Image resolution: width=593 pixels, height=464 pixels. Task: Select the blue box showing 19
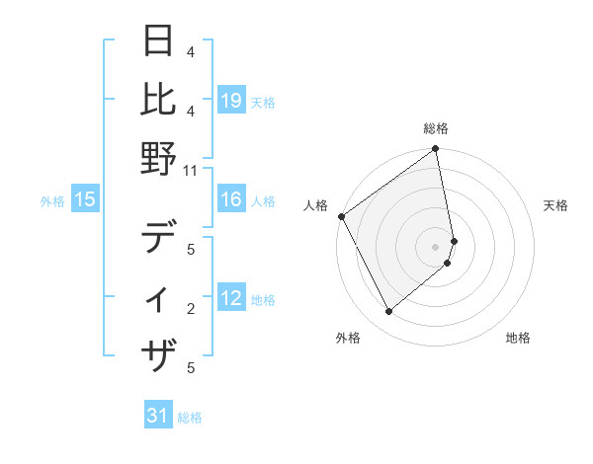(x=231, y=100)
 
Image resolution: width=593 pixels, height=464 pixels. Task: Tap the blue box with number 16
(x=231, y=200)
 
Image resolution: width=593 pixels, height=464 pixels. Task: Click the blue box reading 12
(x=231, y=299)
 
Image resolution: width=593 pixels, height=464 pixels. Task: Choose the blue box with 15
(x=85, y=200)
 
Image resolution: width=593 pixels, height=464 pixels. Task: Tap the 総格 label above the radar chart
(x=436, y=128)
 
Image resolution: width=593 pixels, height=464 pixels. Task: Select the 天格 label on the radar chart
(x=555, y=205)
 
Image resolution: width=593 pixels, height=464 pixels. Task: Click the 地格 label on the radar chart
(x=518, y=338)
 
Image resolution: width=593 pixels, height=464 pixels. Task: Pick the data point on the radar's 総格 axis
(x=436, y=150)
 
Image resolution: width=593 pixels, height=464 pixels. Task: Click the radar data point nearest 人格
(x=341, y=216)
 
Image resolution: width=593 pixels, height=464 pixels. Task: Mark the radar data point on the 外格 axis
(x=388, y=312)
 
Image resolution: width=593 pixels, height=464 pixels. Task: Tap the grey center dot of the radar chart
(x=436, y=247)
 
